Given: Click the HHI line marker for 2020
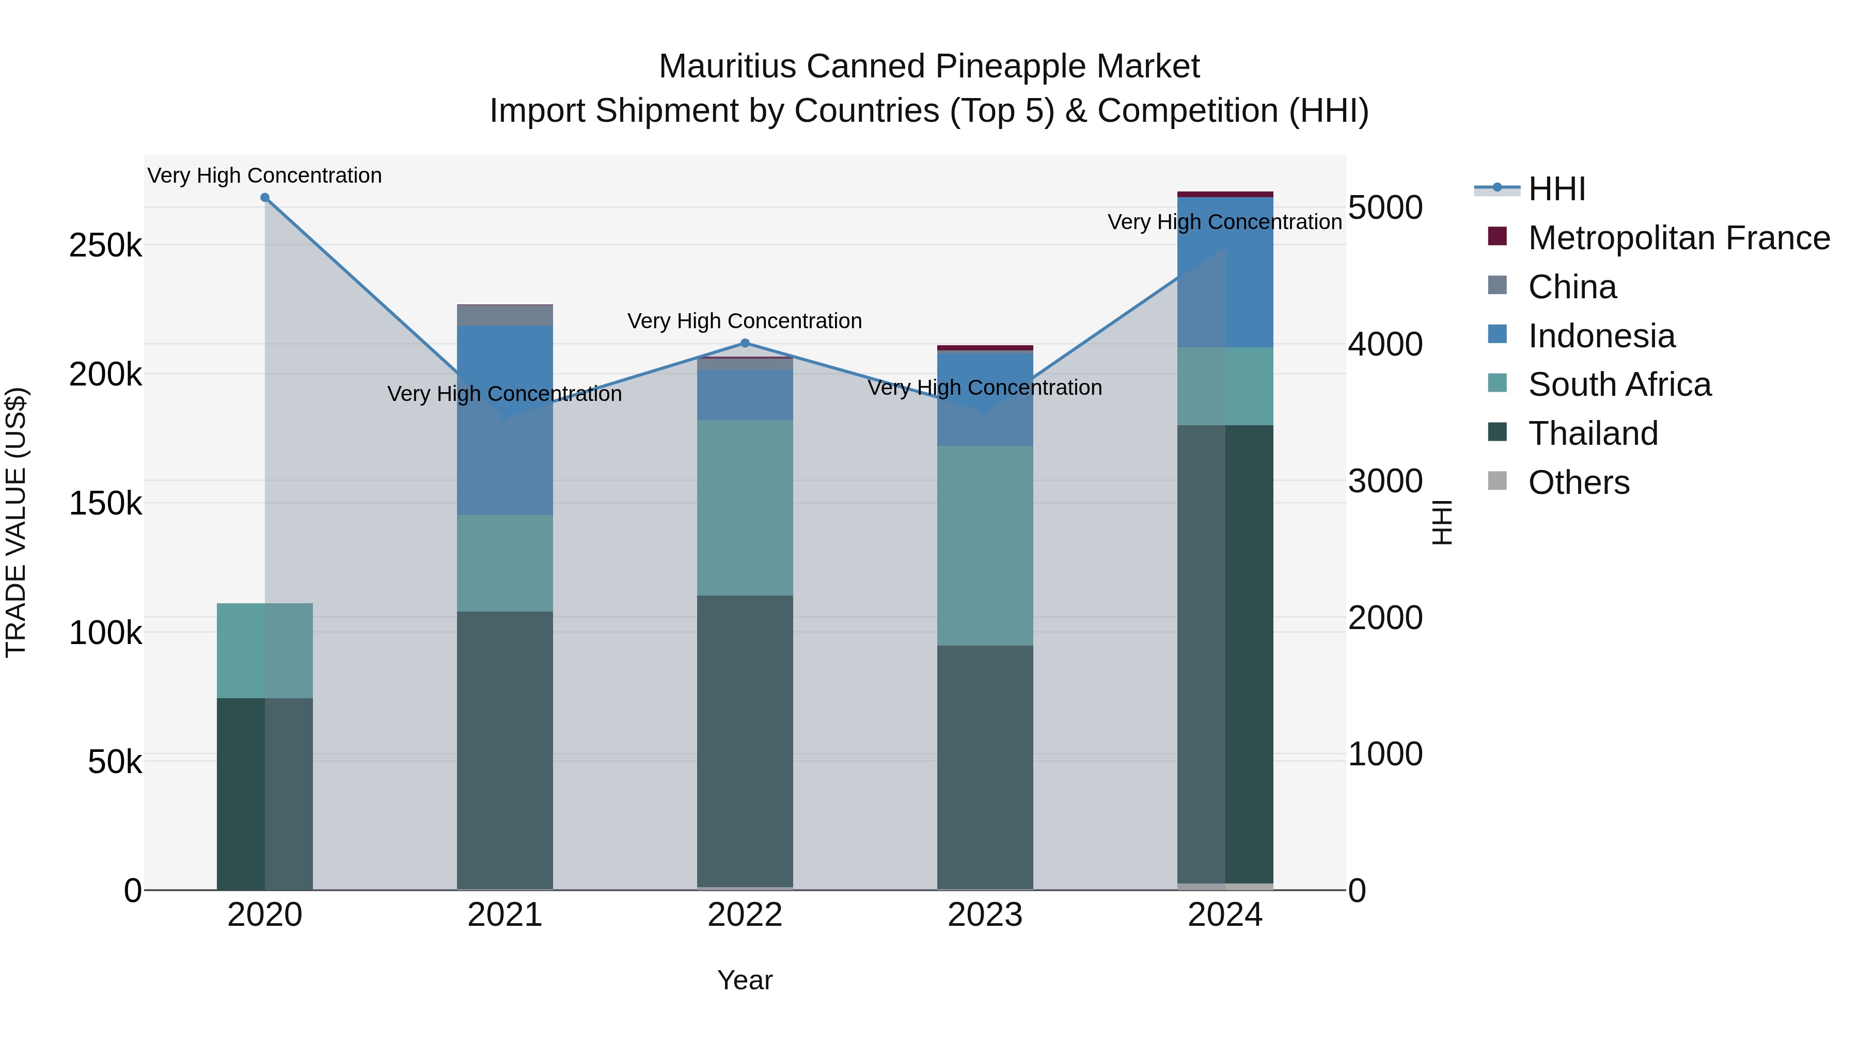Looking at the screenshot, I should coord(265,198).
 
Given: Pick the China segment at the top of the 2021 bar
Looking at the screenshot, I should coord(505,315).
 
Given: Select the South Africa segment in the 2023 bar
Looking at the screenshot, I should coord(985,545).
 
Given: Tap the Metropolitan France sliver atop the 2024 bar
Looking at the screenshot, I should coord(1225,194).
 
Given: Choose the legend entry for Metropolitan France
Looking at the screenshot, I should coord(1679,238).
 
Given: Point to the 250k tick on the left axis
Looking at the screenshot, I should coord(105,246).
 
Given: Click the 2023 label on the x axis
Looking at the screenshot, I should coord(985,915).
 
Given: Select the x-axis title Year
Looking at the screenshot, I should coord(745,980).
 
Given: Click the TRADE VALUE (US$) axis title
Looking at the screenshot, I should coord(16,522).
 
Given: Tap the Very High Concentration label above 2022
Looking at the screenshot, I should coord(745,321).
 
